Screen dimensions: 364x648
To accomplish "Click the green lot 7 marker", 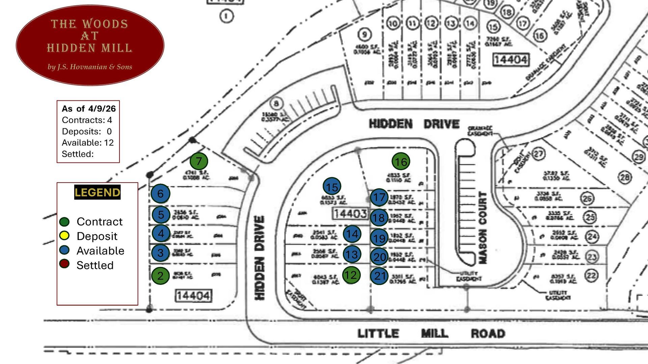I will point(199,161).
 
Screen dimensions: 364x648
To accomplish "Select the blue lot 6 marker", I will point(160,193).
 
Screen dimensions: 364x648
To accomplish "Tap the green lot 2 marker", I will point(160,276).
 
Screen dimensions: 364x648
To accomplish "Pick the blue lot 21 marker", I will point(380,276).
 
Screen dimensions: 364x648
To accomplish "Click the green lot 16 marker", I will point(401,162).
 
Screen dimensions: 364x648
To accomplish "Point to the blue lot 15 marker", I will point(332,187).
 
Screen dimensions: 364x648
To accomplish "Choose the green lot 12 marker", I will point(351,275).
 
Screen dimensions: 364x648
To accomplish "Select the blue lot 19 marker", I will point(379,238).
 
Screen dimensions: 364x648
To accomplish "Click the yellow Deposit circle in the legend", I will point(64,236).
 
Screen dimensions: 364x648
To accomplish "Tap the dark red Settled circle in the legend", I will point(64,264).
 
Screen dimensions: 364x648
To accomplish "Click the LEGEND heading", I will point(97,192).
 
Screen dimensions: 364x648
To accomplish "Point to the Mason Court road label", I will point(483,228).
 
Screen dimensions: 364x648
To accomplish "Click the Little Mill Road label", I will point(431,334).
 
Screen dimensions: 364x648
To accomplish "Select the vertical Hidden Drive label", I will point(259,258).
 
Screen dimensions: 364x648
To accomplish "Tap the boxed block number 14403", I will point(350,214).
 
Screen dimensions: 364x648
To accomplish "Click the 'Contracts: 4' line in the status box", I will point(87,120).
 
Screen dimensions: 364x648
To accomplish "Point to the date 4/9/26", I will point(102,109).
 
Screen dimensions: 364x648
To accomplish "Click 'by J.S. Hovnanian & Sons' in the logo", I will point(90,67).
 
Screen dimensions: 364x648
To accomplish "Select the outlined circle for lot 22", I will point(591,276).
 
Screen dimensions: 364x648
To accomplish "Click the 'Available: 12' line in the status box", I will point(88,143).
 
